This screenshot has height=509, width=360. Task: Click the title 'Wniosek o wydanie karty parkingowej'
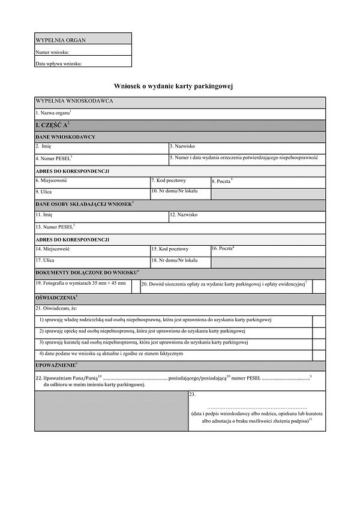click(173, 86)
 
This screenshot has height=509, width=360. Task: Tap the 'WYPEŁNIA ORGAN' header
click(61, 40)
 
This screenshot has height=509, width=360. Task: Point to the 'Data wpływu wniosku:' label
click(58, 63)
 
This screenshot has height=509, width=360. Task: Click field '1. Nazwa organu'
click(180, 113)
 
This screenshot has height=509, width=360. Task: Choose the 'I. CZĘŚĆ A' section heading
click(53, 125)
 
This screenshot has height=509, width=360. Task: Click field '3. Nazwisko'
click(247, 147)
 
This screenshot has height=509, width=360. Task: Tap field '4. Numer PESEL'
click(101, 158)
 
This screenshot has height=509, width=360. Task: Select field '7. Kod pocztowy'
click(179, 182)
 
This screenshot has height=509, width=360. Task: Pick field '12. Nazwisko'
click(247, 216)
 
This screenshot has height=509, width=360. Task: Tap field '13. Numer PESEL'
click(180, 227)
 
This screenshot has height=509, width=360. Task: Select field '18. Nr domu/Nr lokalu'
click(179, 261)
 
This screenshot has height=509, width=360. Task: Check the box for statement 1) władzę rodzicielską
click(319, 320)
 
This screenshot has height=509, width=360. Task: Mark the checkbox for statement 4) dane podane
click(319, 354)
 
